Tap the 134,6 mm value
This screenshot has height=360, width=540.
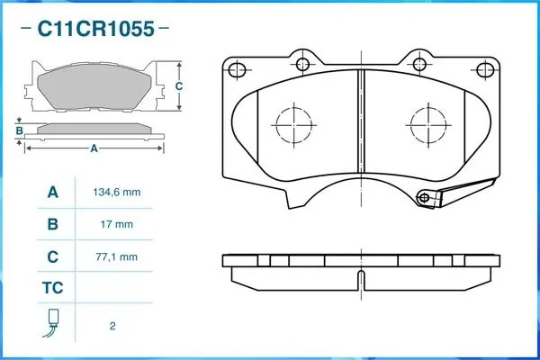(x=117, y=193)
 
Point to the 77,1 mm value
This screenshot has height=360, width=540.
(x=117, y=256)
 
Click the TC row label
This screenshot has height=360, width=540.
(x=52, y=289)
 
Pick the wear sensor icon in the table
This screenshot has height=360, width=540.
(x=52, y=323)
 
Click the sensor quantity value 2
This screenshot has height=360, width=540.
(x=112, y=325)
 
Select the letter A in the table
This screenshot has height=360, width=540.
(x=52, y=193)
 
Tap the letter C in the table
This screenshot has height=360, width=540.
(x=52, y=256)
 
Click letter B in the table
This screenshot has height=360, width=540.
(x=52, y=224)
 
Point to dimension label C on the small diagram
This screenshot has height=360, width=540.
(x=178, y=86)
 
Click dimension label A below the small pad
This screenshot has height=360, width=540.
(x=93, y=148)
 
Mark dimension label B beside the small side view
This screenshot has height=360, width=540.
(x=19, y=130)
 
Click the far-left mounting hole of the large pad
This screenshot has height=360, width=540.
(x=237, y=70)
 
